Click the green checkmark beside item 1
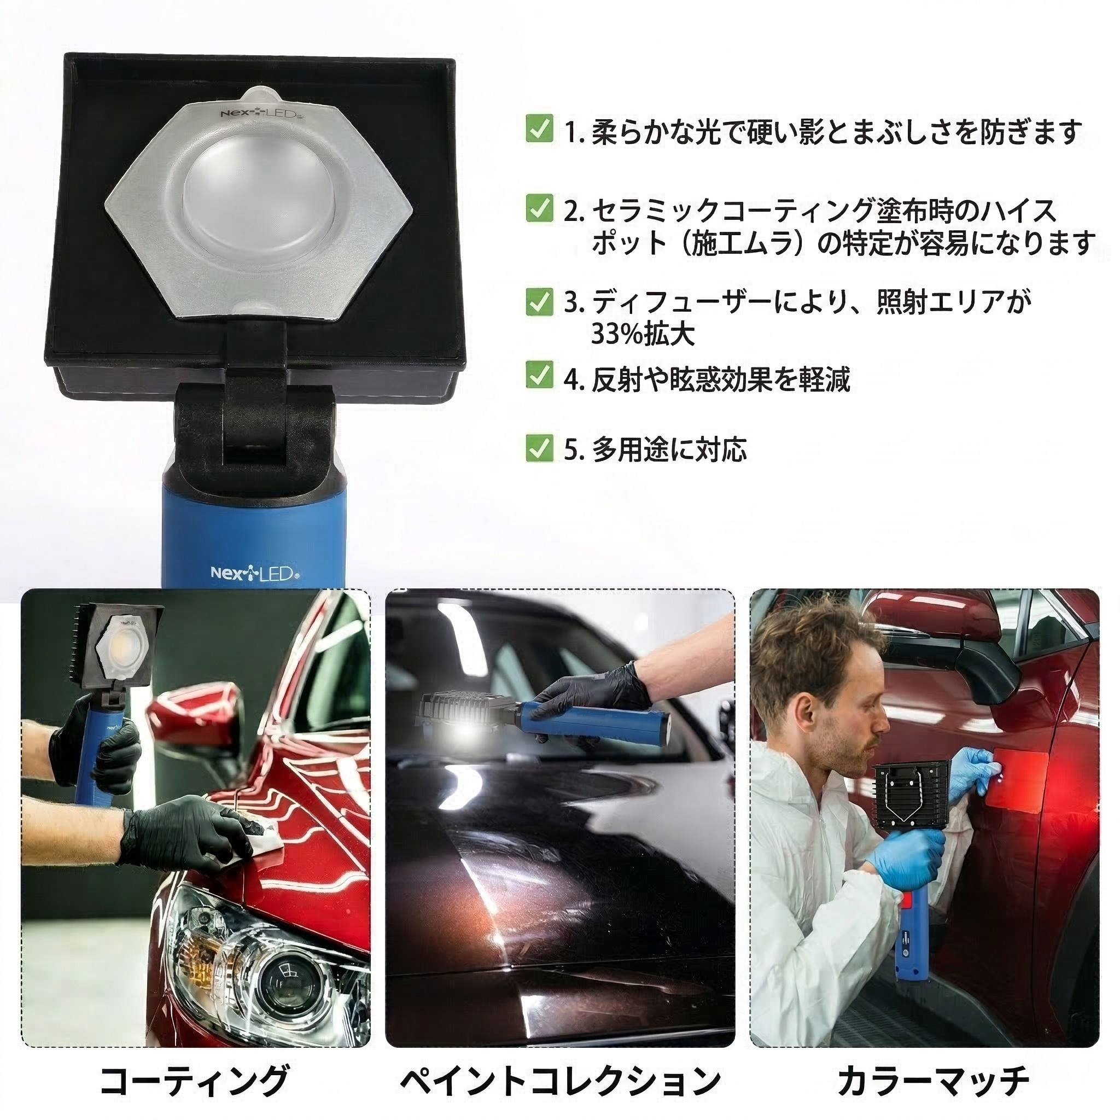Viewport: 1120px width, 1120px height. coord(539,130)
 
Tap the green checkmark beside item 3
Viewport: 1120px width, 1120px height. coord(539,302)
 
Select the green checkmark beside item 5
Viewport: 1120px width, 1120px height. coord(539,447)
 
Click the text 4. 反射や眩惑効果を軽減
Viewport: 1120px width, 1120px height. coord(707,379)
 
